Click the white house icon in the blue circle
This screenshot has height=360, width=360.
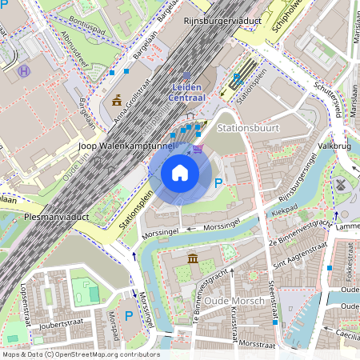pyautogui.click(x=180, y=173)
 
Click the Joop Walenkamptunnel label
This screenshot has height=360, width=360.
pyautogui.click(x=126, y=146)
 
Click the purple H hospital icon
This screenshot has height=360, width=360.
pyautogui.click(x=25, y=70)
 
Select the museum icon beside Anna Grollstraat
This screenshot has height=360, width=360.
pyautogui.click(x=118, y=99)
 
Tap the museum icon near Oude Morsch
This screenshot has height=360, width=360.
pyautogui.click(x=194, y=258)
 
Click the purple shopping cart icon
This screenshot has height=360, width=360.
pyautogui.click(x=198, y=147)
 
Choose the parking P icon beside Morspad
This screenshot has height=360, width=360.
pyautogui.click(x=129, y=316)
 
